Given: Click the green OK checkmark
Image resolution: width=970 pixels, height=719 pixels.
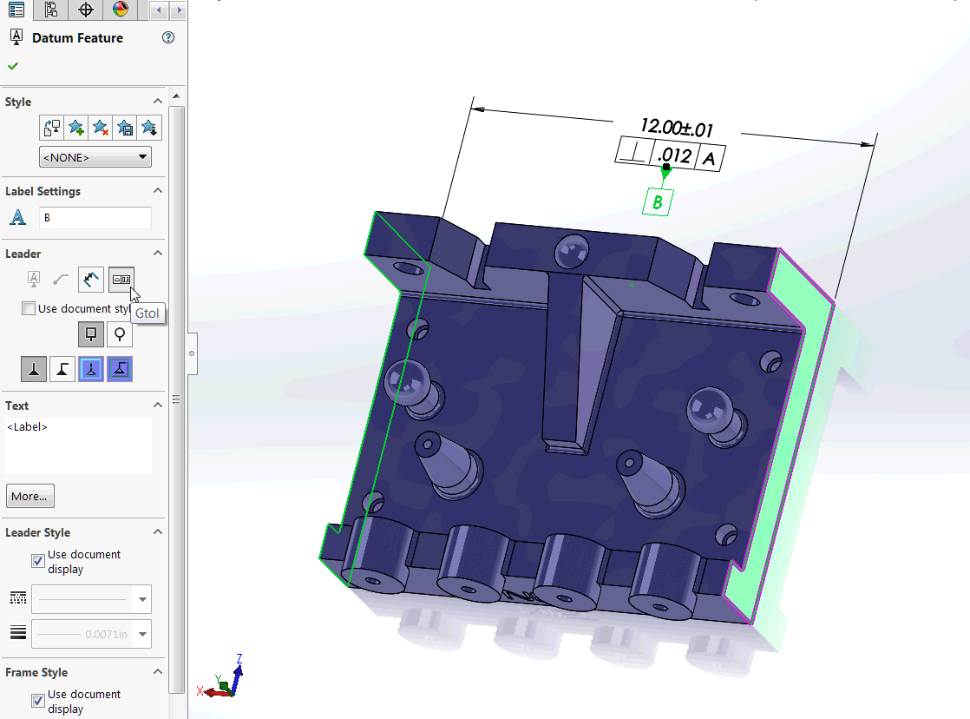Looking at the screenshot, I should (13, 66).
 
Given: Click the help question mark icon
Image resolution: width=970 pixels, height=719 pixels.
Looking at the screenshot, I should (168, 37).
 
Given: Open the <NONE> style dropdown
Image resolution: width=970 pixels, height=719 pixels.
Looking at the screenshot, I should (95, 157).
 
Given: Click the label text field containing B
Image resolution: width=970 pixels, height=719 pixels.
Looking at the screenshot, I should (95, 218).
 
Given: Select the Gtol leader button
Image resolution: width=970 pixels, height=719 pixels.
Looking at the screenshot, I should (121, 280).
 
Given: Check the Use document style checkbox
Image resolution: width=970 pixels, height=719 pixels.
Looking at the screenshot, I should (29, 308).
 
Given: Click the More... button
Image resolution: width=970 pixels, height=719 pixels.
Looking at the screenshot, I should (29, 497).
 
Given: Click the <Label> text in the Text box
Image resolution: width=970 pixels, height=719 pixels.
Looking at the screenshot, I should (27, 427).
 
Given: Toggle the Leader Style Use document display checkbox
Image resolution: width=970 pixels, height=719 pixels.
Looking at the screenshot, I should (38, 561).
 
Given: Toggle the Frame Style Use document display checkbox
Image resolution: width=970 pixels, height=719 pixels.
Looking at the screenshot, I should (38, 701).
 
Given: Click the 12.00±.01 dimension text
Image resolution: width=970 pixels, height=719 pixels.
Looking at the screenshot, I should (676, 129).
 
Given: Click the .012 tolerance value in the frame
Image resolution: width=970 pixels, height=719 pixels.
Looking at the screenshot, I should (674, 156).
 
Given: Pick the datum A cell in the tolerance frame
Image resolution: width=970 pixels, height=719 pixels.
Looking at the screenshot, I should (710, 159).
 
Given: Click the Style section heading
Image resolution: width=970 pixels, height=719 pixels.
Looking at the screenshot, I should (18, 102).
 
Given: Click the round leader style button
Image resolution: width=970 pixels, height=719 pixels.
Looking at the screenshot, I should (120, 334).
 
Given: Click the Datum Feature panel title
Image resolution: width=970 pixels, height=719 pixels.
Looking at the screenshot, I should (77, 37).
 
